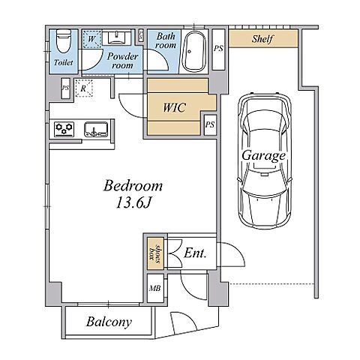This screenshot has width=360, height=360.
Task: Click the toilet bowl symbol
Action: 64,40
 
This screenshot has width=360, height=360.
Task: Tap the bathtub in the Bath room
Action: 194,51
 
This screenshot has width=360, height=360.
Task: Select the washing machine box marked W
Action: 92,39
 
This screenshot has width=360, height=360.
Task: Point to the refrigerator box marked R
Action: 84,88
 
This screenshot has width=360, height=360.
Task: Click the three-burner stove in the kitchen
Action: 64,129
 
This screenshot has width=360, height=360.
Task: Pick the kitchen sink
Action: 96,129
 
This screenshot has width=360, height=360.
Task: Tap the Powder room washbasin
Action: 116,37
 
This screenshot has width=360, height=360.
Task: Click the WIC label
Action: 174,107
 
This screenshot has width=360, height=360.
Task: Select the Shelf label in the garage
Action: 262,39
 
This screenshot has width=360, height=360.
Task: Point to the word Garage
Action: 263,156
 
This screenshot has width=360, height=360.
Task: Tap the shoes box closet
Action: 154,253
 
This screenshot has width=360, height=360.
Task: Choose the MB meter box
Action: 155,288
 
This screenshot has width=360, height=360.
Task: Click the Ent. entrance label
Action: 195,253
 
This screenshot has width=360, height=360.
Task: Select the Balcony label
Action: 109,322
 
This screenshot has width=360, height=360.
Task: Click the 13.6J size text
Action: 133,203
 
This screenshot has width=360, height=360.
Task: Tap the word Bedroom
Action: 133,186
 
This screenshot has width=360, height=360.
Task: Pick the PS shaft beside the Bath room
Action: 218,49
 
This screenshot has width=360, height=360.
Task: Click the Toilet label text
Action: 64,62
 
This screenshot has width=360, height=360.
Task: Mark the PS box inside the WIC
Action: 210,124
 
